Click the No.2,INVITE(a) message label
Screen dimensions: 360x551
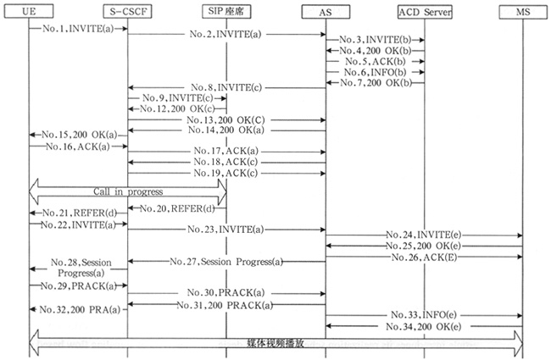(225, 35)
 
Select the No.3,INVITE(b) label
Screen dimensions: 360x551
(371, 41)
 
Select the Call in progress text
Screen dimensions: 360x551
(128, 191)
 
